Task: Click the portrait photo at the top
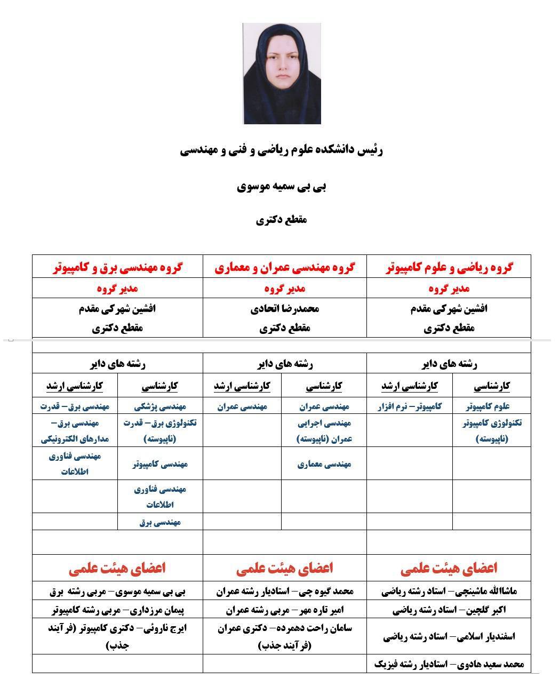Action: click(x=282, y=74)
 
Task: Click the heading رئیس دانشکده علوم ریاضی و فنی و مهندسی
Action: click(x=282, y=150)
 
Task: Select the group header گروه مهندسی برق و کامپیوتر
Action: click(x=117, y=267)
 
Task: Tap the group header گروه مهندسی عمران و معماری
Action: click(x=285, y=267)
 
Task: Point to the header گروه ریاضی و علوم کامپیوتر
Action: click(x=449, y=267)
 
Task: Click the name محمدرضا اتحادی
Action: click(x=285, y=309)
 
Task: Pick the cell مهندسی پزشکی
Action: click(x=160, y=406)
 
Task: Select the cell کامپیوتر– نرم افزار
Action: click(x=410, y=406)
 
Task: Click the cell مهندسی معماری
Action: click(x=324, y=464)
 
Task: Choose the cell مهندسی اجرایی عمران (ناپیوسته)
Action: click(x=324, y=431)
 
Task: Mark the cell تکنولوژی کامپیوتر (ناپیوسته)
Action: click(x=492, y=431)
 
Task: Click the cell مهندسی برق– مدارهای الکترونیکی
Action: click(x=75, y=431)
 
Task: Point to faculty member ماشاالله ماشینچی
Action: click(x=449, y=591)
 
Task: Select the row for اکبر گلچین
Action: click(x=449, y=610)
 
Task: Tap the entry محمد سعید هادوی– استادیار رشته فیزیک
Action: click(x=449, y=664)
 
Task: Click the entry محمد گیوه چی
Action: click(x=285, y=591)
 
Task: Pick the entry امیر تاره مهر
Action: click(x=285, y=610)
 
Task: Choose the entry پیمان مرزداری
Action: click(x=117, y=610)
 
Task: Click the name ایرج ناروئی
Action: click(x=117, y=636)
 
